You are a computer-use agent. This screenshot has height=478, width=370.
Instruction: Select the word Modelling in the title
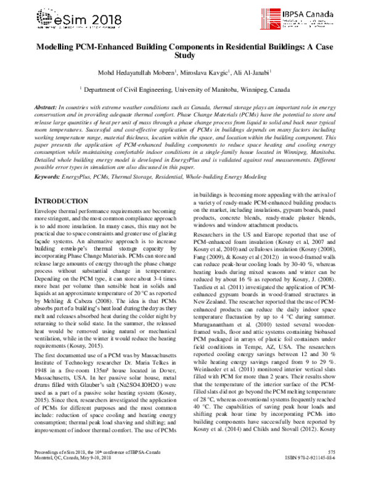(x=57, y=55)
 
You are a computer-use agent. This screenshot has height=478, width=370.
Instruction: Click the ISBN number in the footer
(x=319, y=469)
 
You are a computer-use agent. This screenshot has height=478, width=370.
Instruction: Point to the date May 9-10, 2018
(x=93, y=469)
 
